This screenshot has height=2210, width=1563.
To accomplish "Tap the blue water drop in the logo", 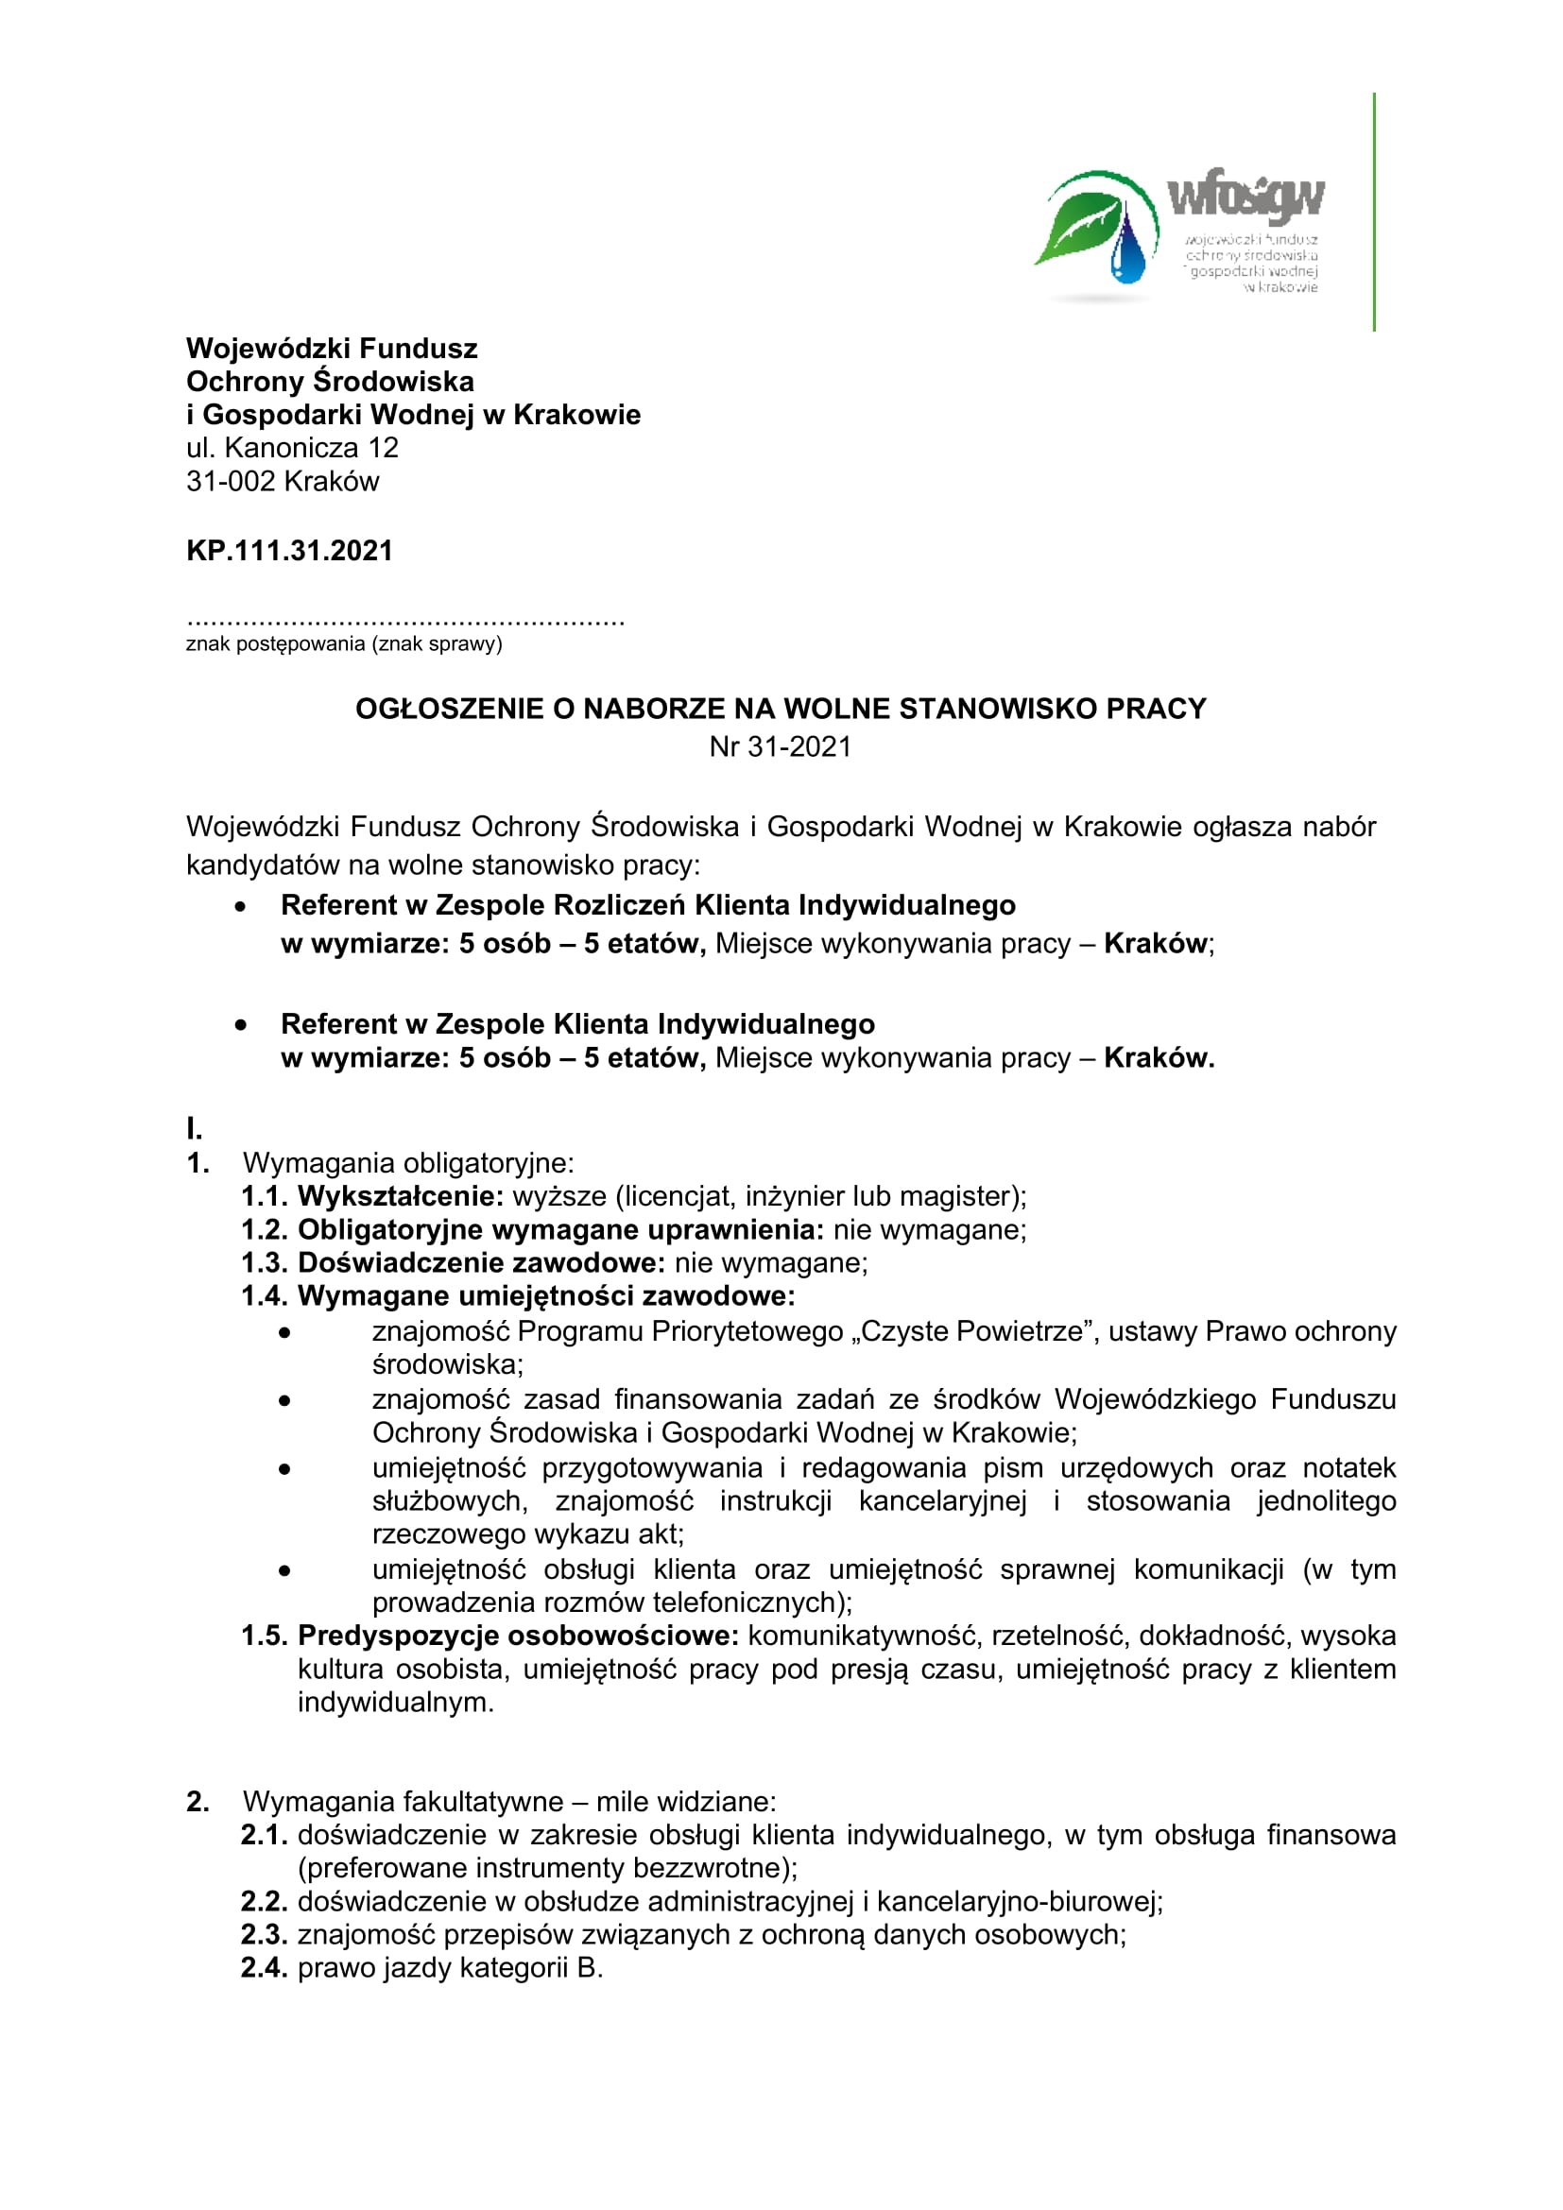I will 1128,249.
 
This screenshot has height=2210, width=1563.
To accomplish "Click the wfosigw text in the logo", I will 1246,197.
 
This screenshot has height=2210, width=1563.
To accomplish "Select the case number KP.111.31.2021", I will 290,551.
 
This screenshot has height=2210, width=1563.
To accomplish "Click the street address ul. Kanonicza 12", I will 292,448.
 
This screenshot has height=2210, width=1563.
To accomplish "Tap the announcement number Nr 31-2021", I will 781,747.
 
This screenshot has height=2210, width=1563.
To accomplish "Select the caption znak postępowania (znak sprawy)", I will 344,644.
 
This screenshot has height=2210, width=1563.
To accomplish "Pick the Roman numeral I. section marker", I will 195,1128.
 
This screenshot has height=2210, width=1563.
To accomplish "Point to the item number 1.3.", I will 263,1263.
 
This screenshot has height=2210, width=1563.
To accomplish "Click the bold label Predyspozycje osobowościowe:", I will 518,1636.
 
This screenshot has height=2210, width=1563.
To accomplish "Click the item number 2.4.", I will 263,1967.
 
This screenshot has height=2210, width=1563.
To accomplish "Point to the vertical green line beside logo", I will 1373,212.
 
